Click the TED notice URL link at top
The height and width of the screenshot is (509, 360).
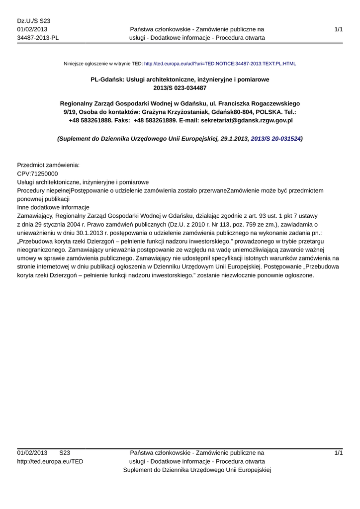click(220, 64)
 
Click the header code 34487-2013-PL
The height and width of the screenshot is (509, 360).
click(38, 38)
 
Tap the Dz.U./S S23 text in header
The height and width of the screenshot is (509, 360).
click(34, 21)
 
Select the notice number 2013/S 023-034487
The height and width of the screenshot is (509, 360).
click(180, 88)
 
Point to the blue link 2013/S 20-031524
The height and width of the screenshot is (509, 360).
click(275, 139)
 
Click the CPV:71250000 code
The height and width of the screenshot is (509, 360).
click(38, 173)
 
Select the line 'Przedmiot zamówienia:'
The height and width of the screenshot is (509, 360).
click(48, 165)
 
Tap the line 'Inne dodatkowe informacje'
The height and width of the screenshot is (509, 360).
click(53, 207)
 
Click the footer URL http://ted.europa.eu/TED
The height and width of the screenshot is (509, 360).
click(50, 462)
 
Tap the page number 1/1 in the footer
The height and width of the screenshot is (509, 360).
click(338, 453)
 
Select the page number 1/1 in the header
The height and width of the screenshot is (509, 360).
click(338, 30)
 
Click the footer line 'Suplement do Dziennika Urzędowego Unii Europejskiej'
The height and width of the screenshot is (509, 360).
click(196, 470)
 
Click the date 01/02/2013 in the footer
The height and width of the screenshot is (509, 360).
click(32, 453)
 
